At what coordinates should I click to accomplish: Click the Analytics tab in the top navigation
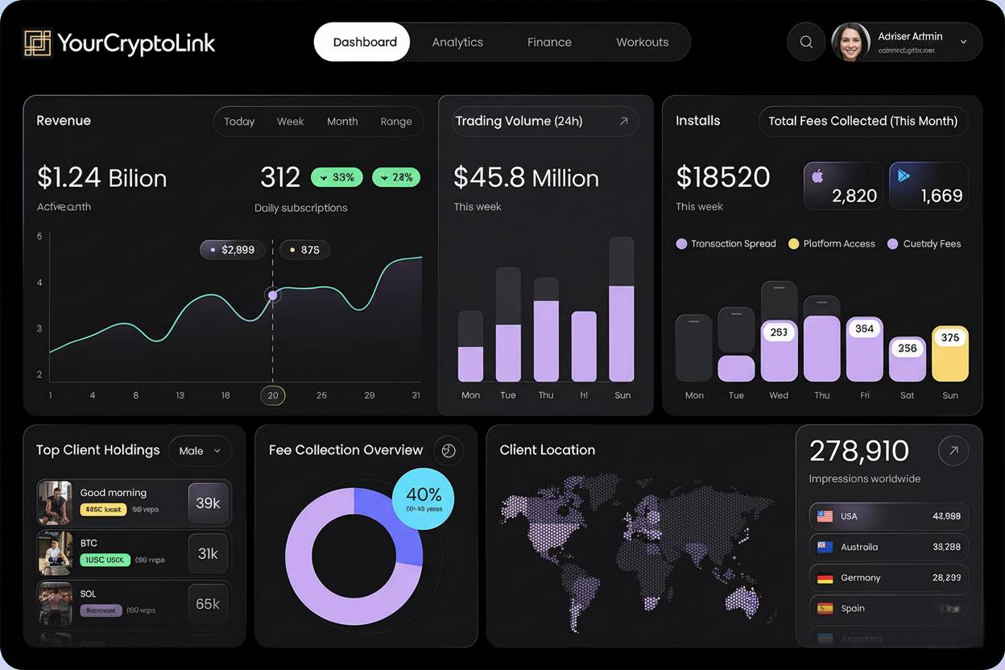457,43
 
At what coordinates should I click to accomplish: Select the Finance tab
549,43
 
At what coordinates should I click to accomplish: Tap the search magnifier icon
806,43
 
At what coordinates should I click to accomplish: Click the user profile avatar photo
850,42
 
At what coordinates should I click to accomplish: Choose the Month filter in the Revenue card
342,122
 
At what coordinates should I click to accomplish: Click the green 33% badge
337,177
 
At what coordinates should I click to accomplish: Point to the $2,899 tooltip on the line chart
233,250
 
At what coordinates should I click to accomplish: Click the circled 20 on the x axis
273,395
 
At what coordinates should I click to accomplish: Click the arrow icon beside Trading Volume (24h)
623,122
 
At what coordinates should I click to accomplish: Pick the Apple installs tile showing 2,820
842,186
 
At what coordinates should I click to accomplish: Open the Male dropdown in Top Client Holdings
200,451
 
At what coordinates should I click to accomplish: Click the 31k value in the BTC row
208,553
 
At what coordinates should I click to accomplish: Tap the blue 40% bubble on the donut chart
424,498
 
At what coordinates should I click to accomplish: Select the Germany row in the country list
888,577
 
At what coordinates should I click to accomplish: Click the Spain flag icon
825,609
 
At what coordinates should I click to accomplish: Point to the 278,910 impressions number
858,451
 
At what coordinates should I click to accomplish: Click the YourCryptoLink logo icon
38,43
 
